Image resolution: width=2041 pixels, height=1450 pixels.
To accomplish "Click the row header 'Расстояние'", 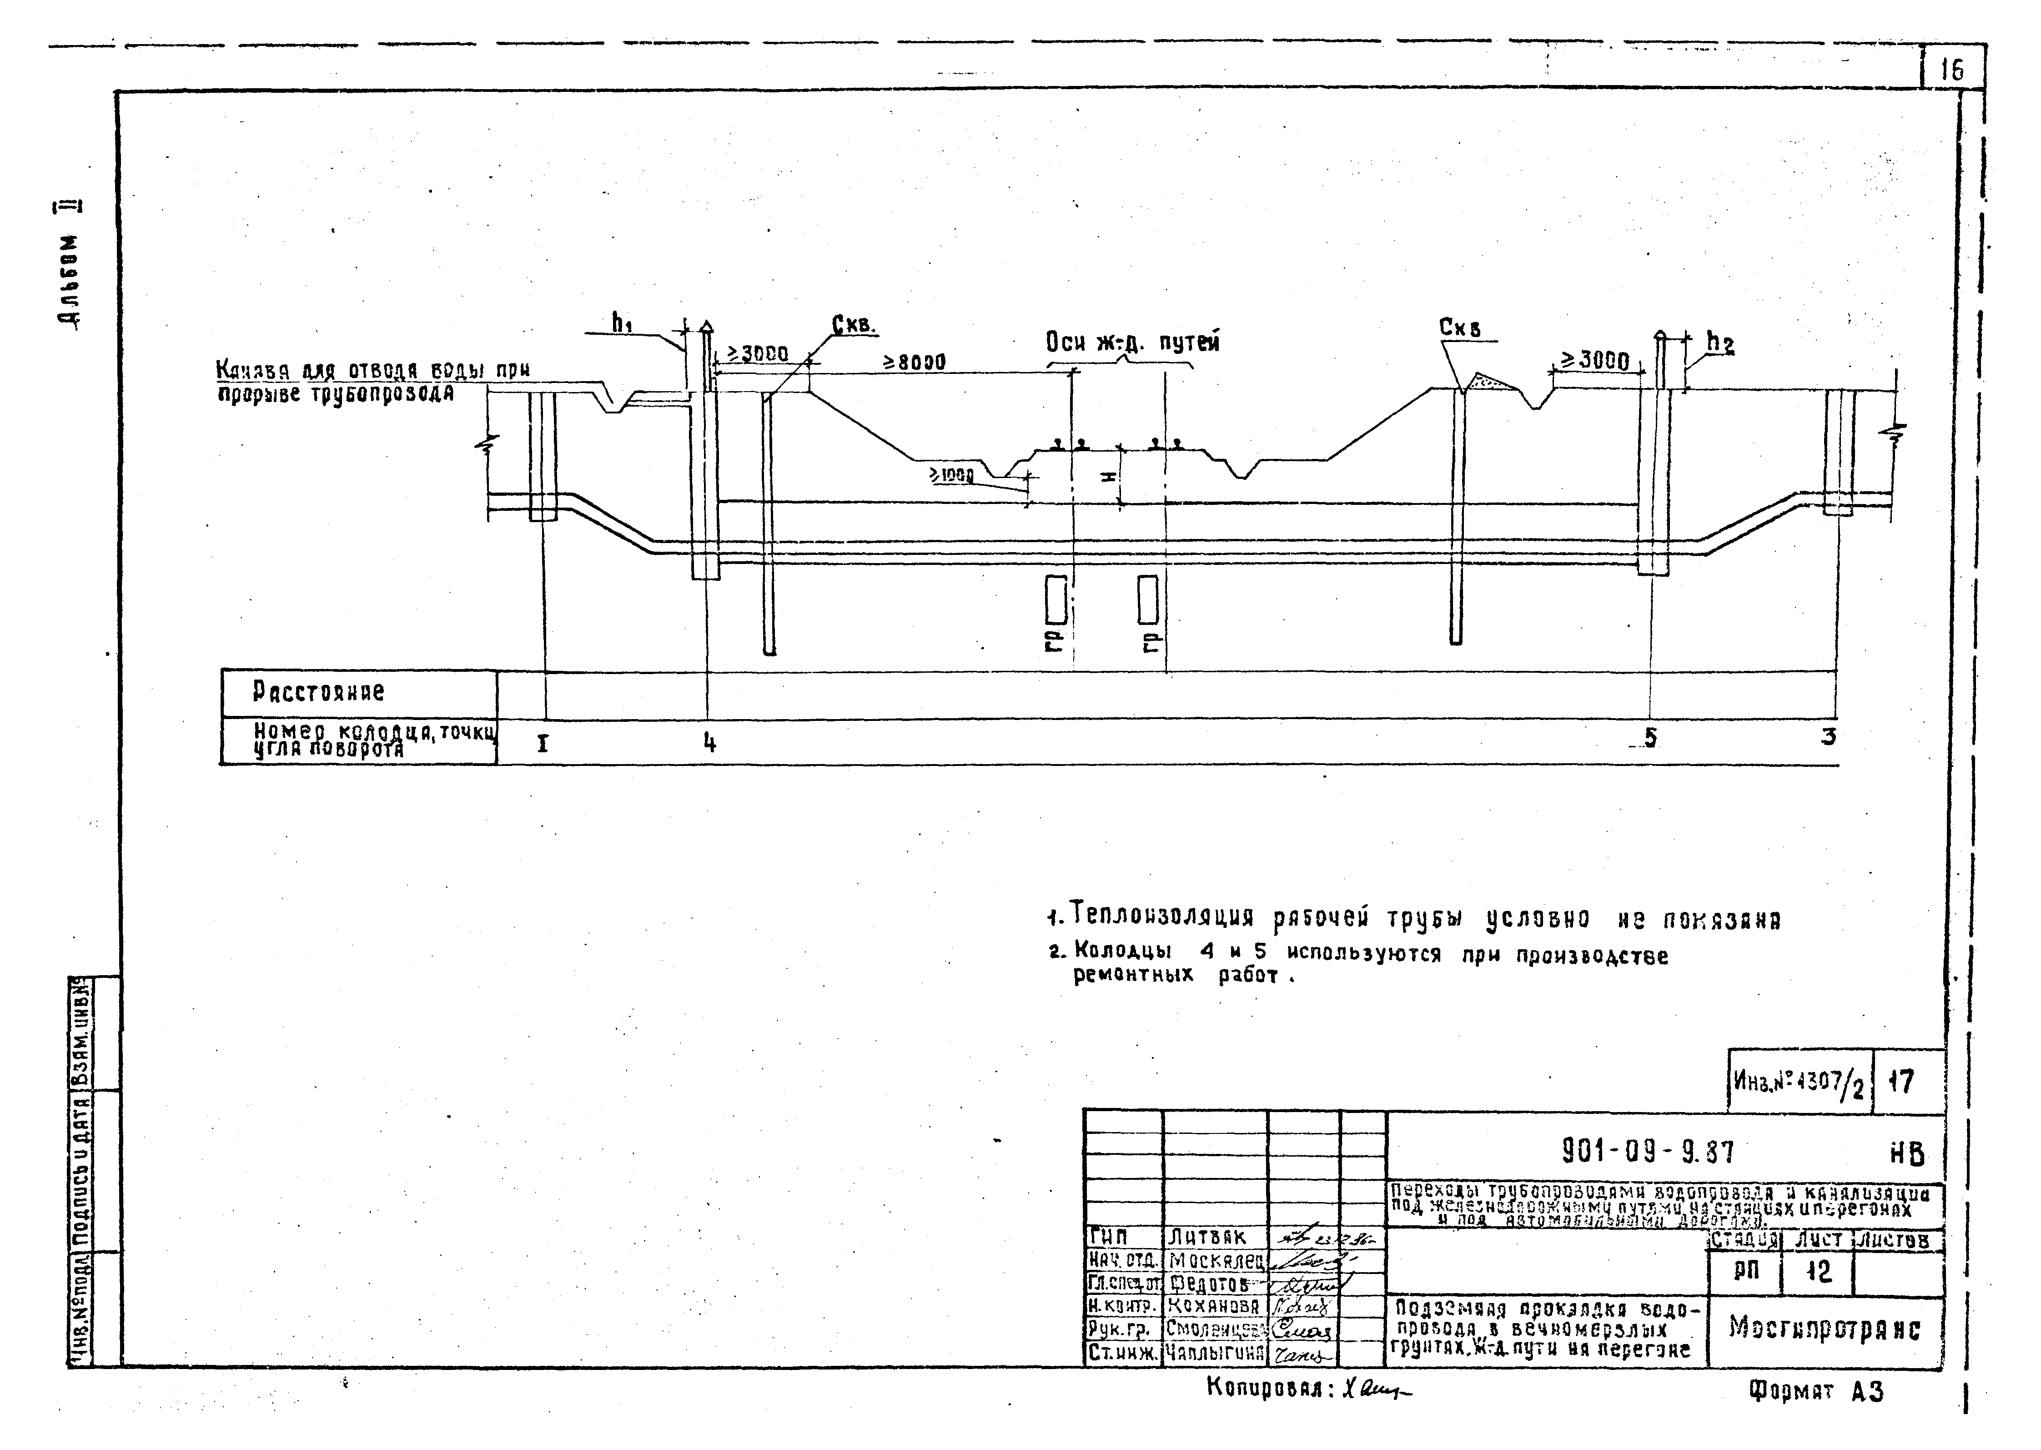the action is pyautogui.click(x=319, y=692).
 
